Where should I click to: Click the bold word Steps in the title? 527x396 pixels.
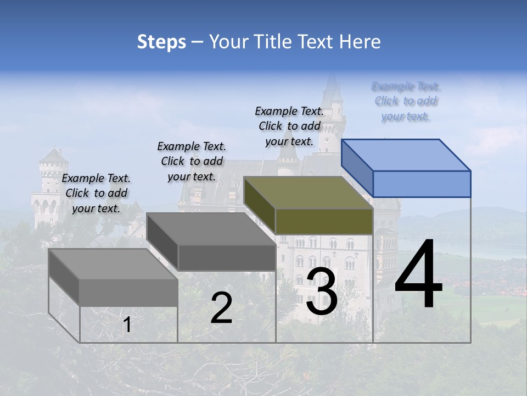tap(161, 42)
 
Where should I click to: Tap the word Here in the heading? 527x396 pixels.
tap(360, 42)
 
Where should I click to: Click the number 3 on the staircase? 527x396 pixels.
tap(322, 291)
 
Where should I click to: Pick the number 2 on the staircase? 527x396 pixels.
tap(221, 308)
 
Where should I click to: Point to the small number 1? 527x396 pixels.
tap(127, 324)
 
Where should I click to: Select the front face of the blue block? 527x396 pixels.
tap(422, 184)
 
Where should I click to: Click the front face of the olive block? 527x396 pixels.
tap(324, 221)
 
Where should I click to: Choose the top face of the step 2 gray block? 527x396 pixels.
tap(211, 229)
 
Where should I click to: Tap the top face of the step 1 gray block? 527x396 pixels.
tap(113, 264)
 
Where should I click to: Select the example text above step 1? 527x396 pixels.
tap(96, 193)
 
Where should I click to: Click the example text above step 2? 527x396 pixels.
tap(192, 161)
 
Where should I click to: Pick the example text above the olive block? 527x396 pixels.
tap(289, 126)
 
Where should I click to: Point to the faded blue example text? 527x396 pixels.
tap(406, 101)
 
